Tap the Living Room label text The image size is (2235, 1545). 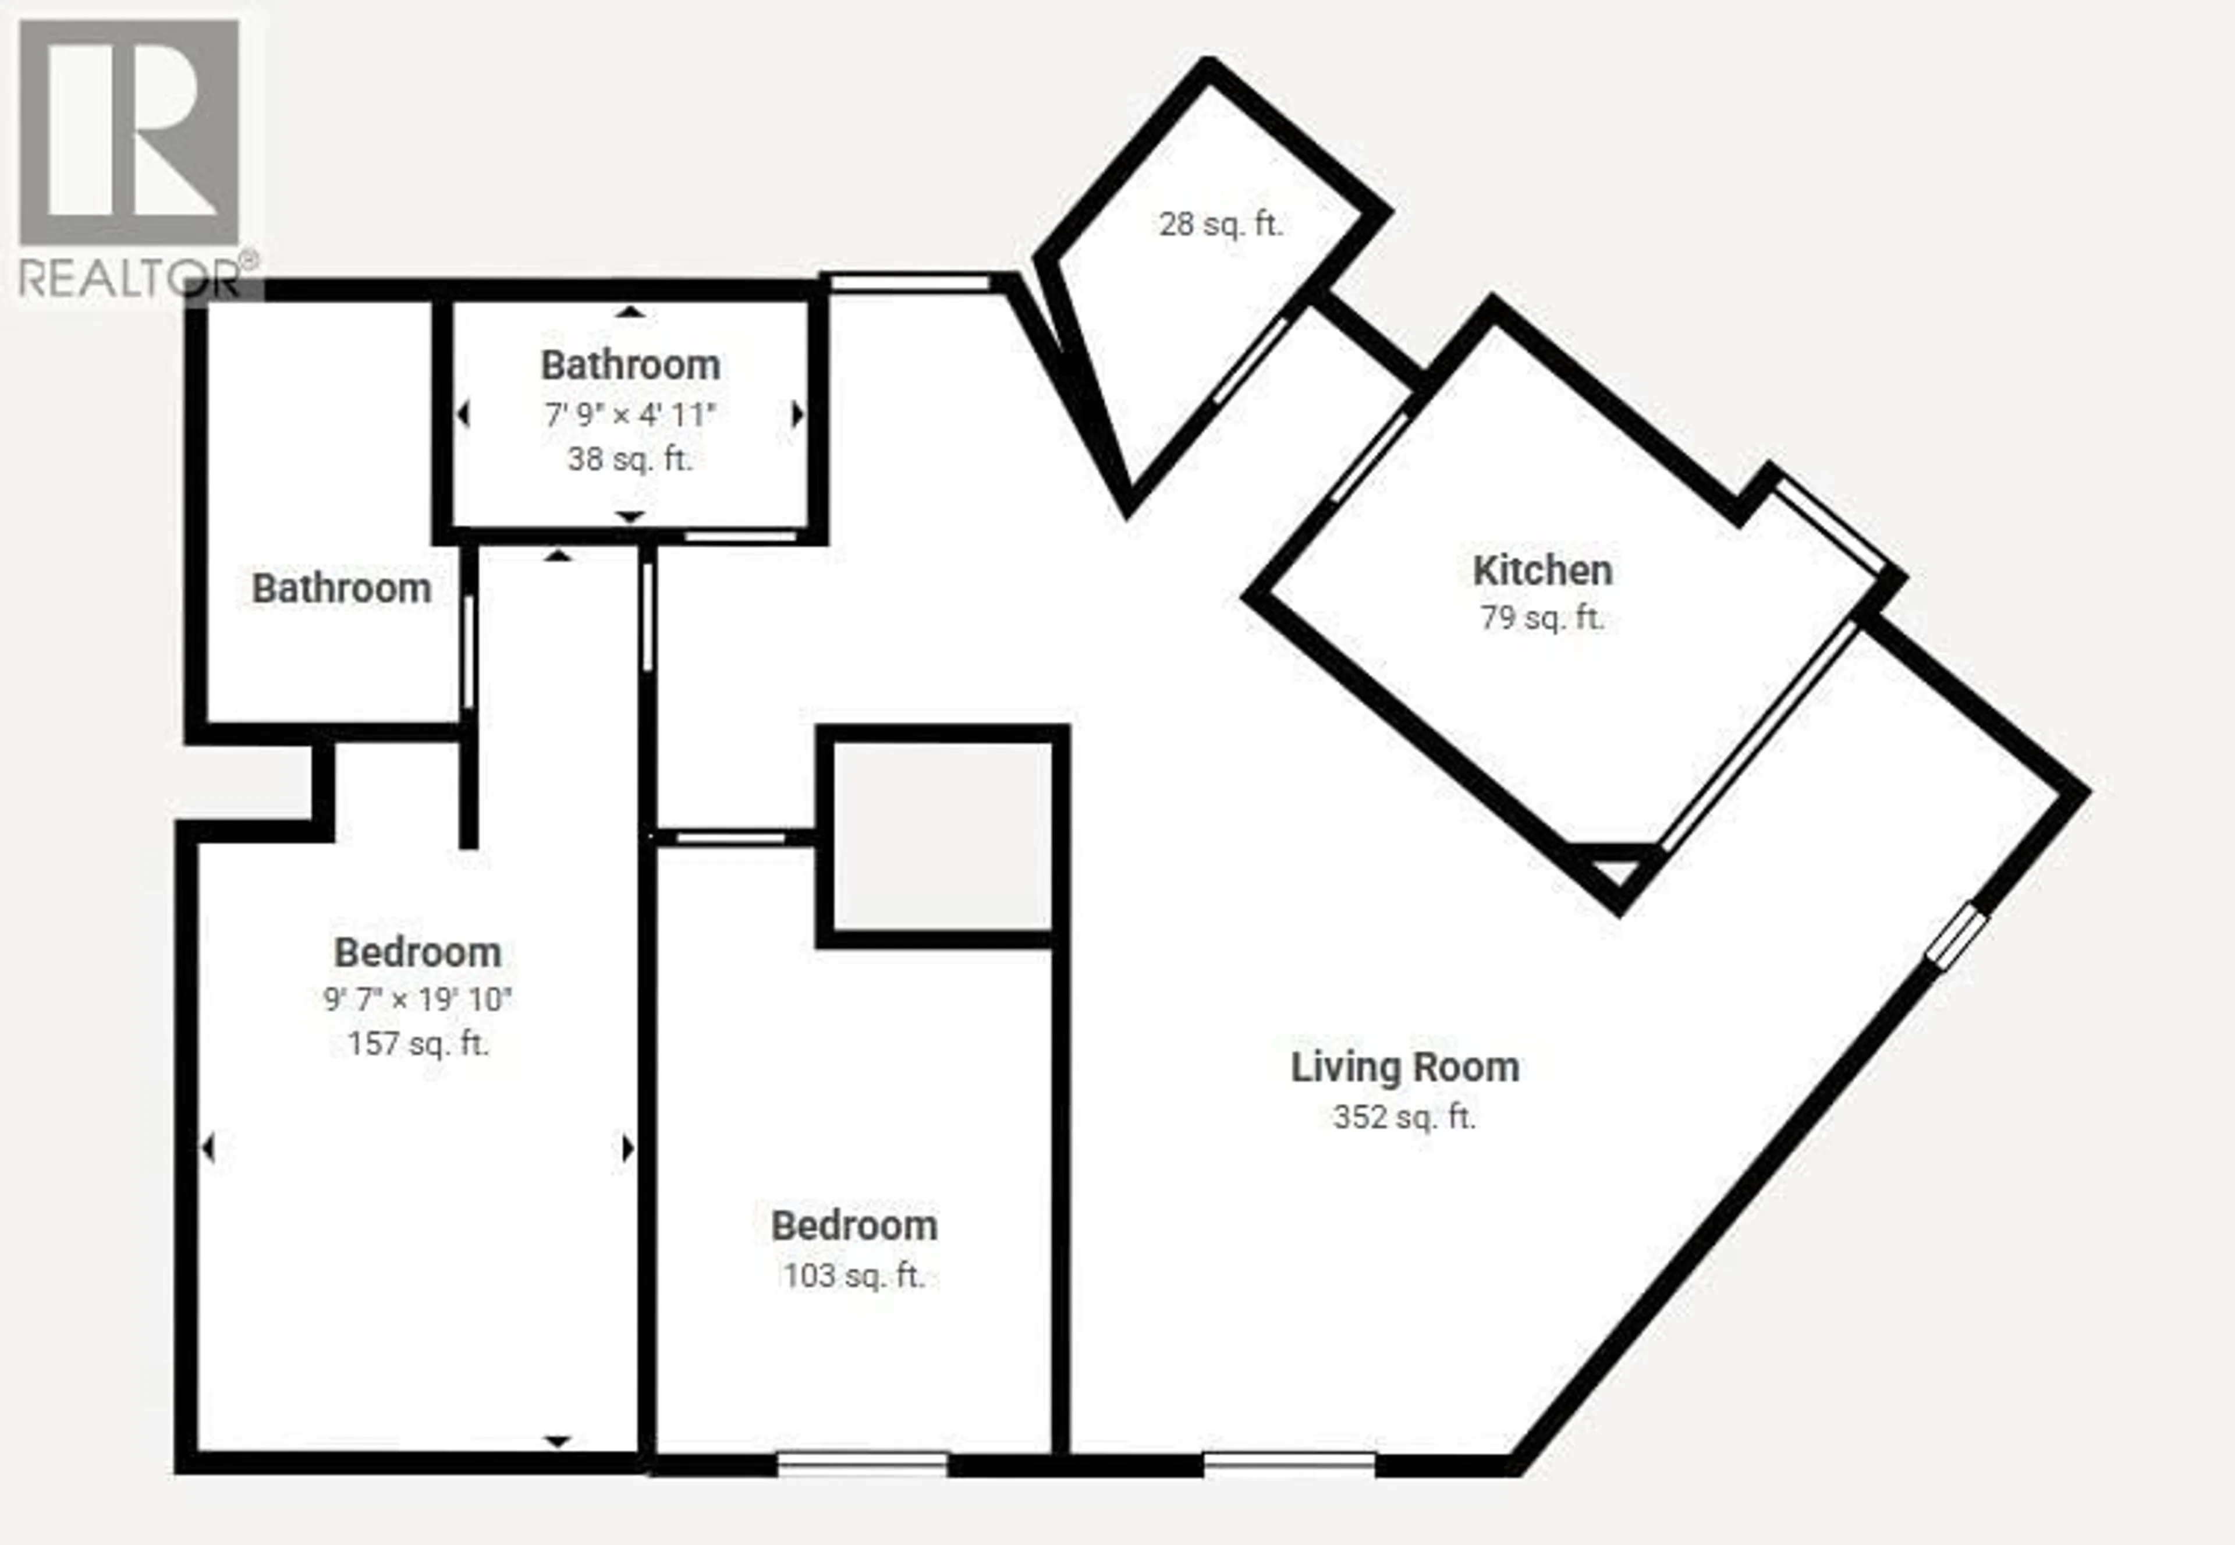[1404, 1067]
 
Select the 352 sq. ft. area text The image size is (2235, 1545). [1404, 1117]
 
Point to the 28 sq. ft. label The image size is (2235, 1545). [1221, 225]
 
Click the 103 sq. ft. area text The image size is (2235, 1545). [854, 1276]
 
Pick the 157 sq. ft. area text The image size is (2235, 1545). [418, 1044]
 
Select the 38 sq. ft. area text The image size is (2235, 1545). [630, 459]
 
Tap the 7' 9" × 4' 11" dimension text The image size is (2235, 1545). [630, 415]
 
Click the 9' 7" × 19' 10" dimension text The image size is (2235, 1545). [418, 999]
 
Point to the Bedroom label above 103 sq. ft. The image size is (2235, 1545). [854, 1225]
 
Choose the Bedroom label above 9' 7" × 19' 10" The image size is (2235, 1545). [418, 952]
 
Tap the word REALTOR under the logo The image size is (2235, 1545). [130, 280]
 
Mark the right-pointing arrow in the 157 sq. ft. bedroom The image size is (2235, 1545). [628, 1149]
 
